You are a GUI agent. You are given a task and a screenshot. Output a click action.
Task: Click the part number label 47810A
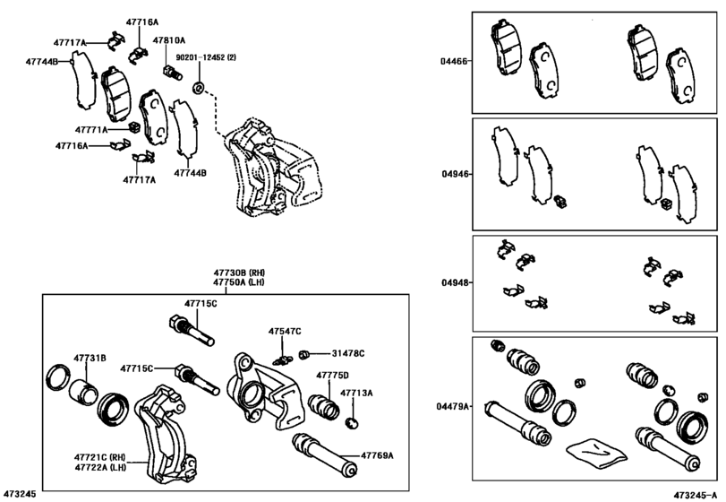(168, 41)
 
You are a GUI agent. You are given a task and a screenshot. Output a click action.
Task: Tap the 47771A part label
(91, 129)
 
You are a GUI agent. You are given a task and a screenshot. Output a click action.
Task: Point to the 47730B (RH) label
(239, 272)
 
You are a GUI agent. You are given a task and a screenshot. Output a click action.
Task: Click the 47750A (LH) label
(239, 282)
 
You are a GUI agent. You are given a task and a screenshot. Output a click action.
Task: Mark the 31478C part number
(347, 353)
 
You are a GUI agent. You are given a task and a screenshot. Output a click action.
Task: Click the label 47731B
(90, 359)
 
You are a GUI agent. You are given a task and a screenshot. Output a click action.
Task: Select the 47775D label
(332, 376)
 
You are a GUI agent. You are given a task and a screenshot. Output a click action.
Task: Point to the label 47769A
(377, 455)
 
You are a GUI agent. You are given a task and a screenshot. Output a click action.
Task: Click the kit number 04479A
(451, 406)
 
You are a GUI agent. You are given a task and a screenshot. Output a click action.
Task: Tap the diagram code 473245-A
(696, 494)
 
